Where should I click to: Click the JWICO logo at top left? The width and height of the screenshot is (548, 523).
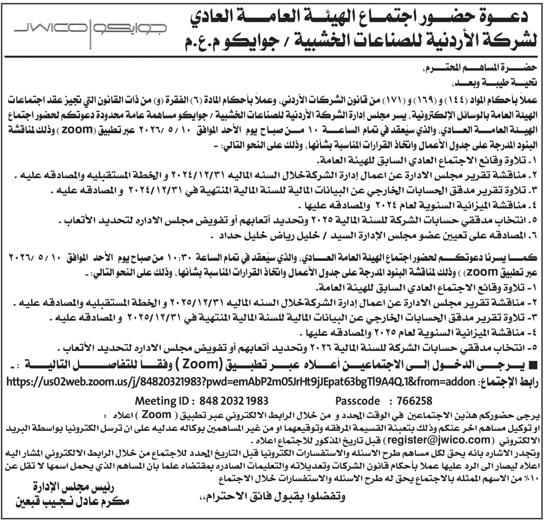coord(90,31)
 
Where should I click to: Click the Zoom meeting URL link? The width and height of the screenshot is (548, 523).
coord(240,382)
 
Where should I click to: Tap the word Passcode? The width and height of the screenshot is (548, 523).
coord(358,401)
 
